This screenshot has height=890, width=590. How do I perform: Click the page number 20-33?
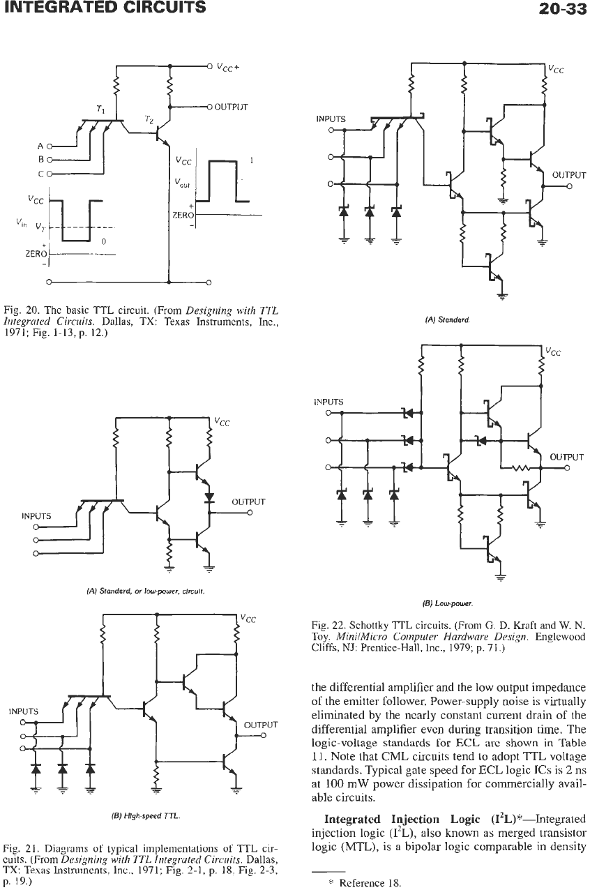point(562,8)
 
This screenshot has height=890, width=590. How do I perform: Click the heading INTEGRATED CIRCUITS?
point(105,7)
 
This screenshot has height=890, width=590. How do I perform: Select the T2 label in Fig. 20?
point(148,119)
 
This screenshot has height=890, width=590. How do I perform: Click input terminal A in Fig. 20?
point(50,146)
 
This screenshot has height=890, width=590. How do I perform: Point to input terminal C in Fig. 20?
point(50,174)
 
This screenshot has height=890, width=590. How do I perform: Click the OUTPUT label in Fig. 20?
point(231,107)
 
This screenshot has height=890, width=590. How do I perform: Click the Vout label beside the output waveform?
point(182,183)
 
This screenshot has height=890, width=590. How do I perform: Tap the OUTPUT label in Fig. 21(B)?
point(261,725)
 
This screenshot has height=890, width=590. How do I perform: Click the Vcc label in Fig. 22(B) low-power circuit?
point(552,352)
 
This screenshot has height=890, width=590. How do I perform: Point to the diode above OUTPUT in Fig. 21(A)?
point(209,497)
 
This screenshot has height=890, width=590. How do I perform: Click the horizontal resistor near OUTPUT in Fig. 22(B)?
point(521,468)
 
